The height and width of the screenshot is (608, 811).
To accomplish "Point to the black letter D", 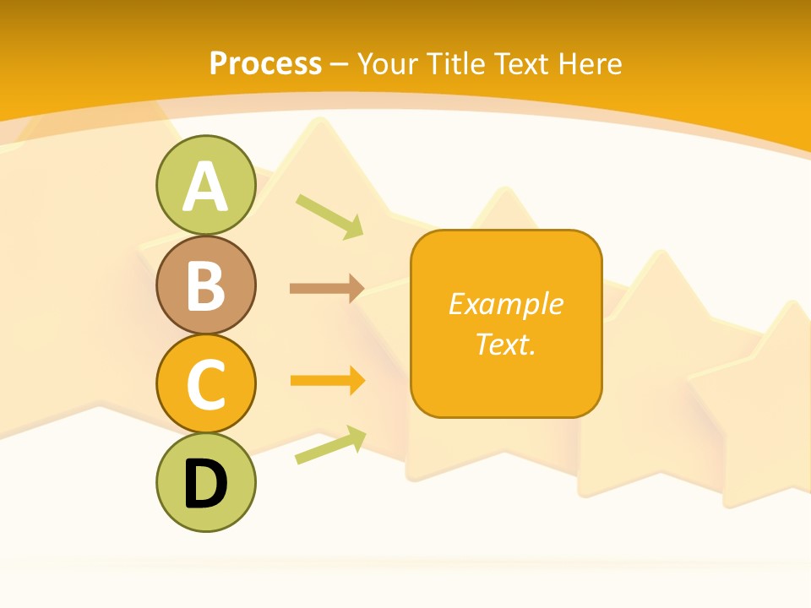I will (205, 484).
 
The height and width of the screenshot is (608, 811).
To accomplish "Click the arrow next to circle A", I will (329, 215).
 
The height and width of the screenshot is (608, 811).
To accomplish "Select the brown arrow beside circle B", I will (327, 289).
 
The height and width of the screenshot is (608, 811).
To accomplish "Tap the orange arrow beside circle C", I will (327, 381).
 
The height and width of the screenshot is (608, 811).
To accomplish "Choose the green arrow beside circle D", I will (330, 445).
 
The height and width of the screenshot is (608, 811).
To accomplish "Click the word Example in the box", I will (506, 304).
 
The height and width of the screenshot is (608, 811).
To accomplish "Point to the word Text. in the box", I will (506, 345).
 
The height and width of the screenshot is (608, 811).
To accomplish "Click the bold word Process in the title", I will (265, 63).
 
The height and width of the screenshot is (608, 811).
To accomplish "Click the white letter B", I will (205, 285).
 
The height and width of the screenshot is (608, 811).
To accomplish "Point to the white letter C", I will (205, 384).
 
